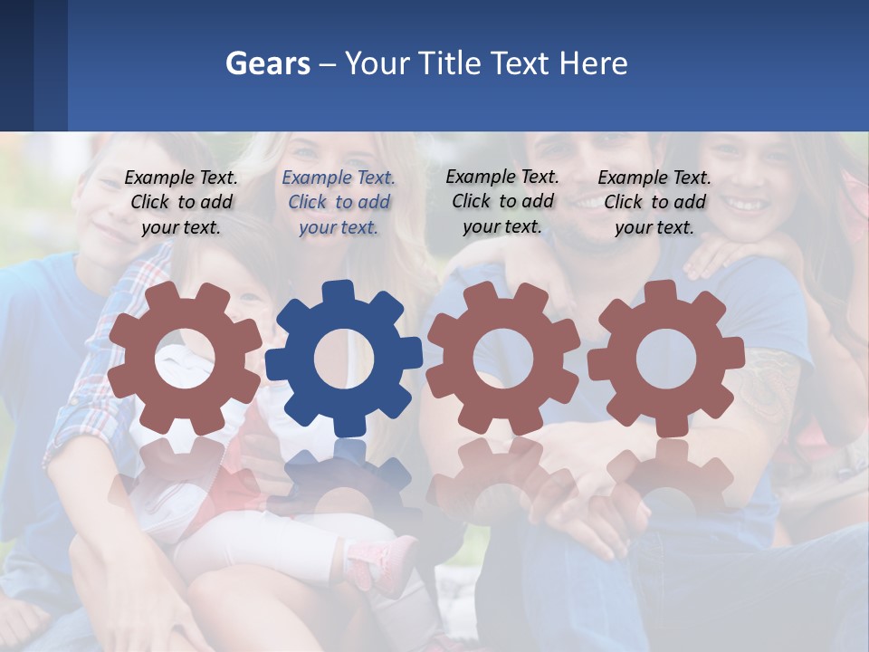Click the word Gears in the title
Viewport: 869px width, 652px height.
coord(266,63)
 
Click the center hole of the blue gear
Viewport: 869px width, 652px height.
coord(343,359)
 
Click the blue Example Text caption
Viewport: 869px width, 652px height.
coord(339,202)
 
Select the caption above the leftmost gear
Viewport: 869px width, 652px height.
coord(181,202)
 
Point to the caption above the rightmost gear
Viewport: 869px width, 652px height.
coord(654,202)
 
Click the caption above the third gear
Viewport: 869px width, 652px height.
coord(502,201)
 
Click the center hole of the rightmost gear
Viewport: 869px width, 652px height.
coord(665,359)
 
